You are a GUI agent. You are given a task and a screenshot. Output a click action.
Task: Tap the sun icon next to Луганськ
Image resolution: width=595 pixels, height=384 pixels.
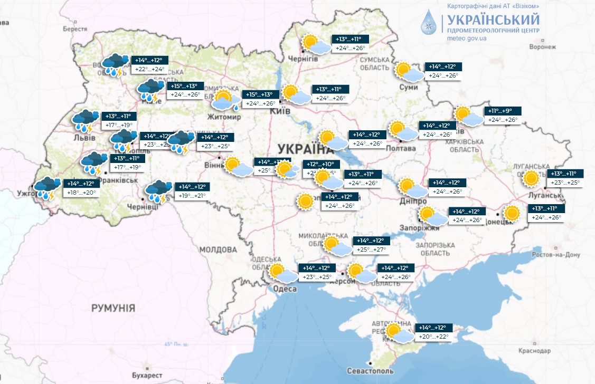(531, 178)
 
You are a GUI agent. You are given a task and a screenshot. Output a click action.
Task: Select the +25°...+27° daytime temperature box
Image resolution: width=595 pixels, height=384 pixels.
(372, 249)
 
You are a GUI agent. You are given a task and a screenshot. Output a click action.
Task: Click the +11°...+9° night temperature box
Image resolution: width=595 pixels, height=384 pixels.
(503, 111)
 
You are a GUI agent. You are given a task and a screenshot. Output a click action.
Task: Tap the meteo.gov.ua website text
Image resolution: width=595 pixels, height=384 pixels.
(467, 39)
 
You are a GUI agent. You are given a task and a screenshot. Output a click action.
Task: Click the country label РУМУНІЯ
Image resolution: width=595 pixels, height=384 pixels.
(113, 308)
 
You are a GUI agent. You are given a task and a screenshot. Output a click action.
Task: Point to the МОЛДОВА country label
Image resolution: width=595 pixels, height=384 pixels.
(218, 249)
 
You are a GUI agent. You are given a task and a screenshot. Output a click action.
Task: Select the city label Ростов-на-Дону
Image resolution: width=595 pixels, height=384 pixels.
(556, 255)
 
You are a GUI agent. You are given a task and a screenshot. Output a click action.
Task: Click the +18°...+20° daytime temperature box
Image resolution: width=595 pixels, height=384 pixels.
(81, 193)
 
